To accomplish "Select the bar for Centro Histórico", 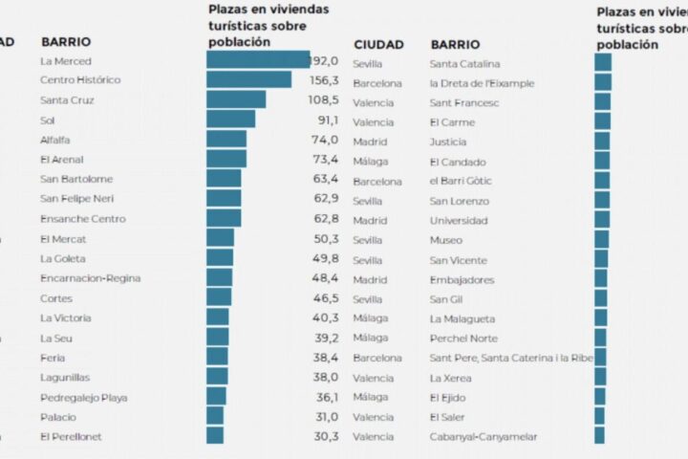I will tap(248, 80).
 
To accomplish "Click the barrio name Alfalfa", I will tap(55, 140).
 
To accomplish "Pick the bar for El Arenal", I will tap(226, 159).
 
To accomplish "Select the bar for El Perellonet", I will tap(215, 436).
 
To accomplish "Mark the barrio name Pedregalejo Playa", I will tap(84, 397).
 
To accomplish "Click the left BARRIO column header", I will tap(66, 42).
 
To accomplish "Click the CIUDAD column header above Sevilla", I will tap(378, 45).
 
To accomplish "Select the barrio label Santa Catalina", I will tap(465, 64).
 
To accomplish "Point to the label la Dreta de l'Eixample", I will tap(482, 84).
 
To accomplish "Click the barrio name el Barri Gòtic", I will tap(461, 182).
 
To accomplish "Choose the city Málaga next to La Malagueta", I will tap(370, 318).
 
